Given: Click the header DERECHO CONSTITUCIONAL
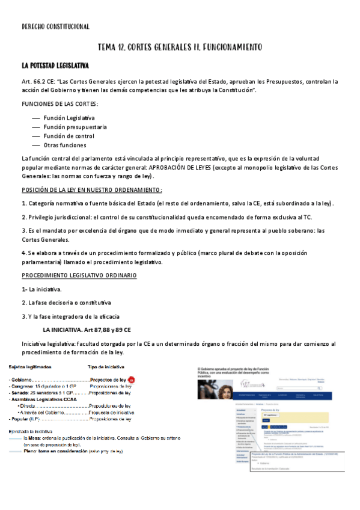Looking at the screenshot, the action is tap(55, 26).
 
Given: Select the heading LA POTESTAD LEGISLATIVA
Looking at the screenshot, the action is tap(55, 65).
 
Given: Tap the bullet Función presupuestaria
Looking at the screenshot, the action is tap(75, 127).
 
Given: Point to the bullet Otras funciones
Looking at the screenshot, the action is tap(64, 146).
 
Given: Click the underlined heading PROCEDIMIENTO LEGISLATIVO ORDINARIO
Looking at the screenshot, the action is tap(79, 275).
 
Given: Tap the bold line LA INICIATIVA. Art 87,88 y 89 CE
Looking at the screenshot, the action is tap(87, 330).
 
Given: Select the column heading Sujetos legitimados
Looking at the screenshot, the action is tap(30, 366).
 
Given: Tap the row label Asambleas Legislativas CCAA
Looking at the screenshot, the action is tap(44, 399).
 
